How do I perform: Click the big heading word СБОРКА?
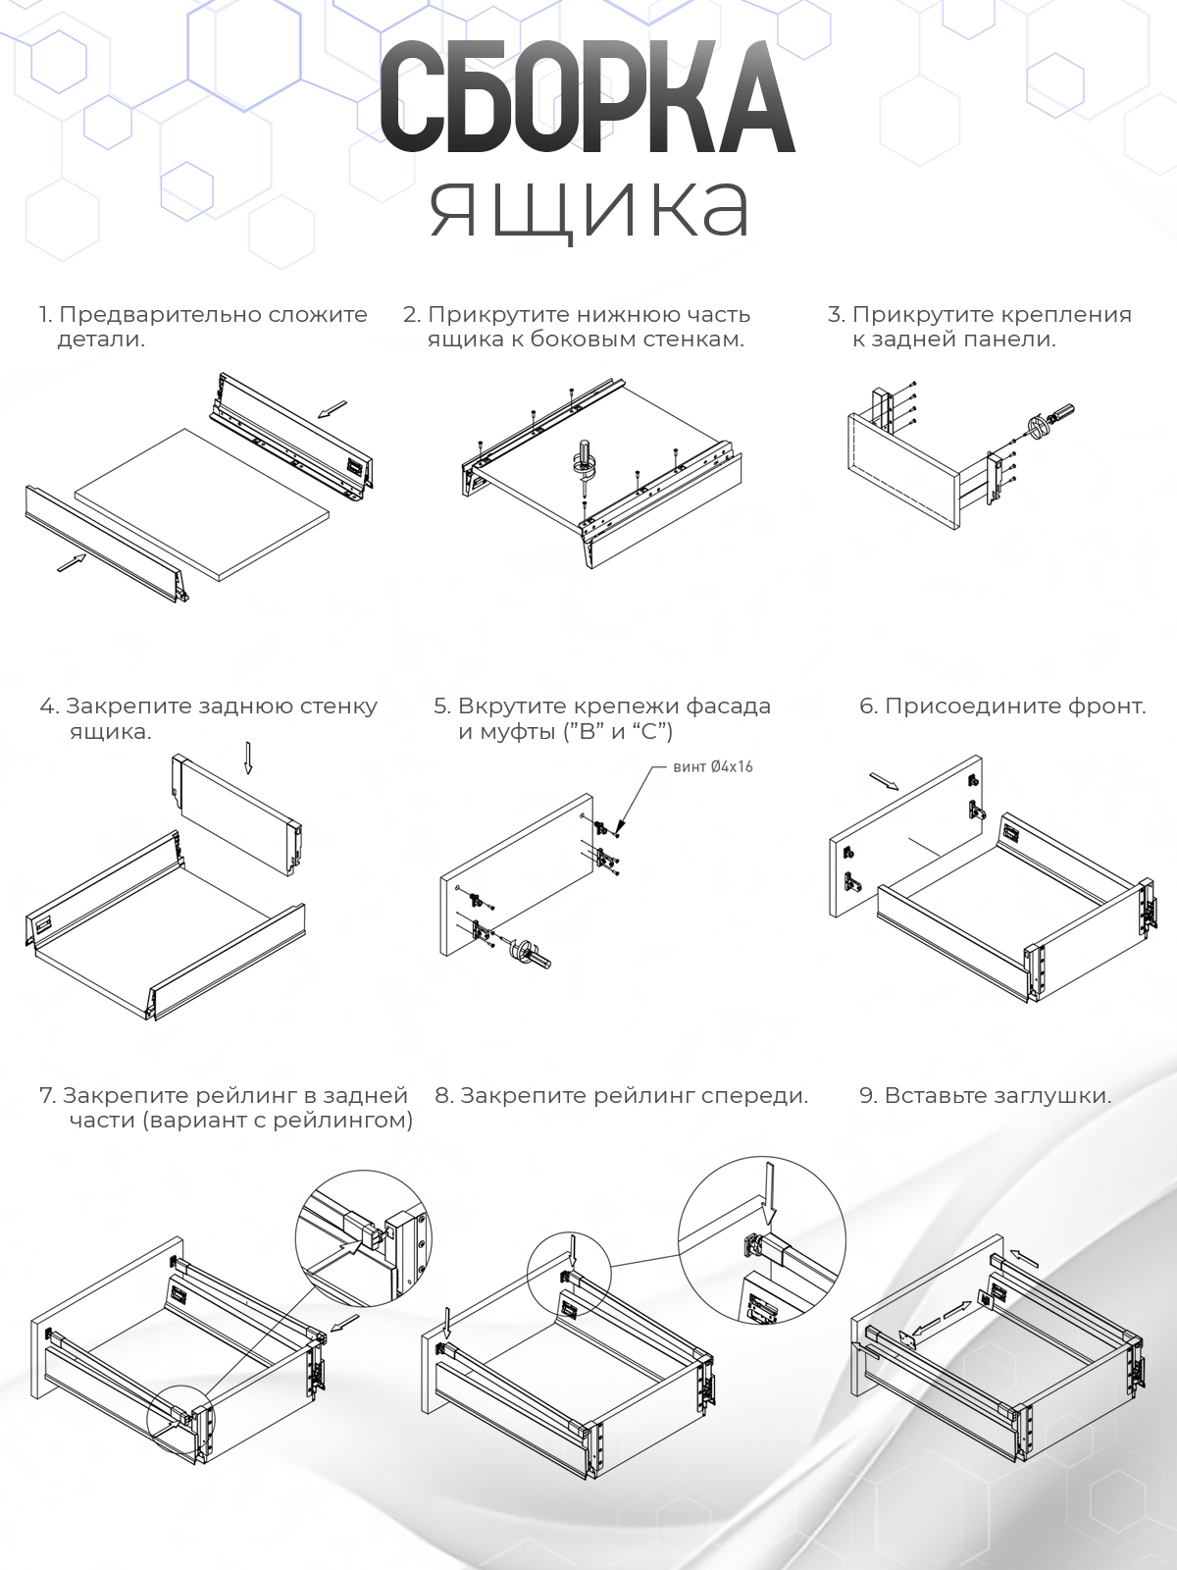[x=587, y=99]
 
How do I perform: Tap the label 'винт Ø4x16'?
[x=713, y=766]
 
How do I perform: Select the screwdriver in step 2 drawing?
[x=586, y=461]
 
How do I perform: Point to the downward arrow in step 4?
[x=248, y=757]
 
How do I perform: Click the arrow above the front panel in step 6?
[x=884, y=781]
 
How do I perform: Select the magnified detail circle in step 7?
[x=364, y=1239]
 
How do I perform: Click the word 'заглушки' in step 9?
[x=1053, y=1096]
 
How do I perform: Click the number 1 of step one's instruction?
[x=44, y=315]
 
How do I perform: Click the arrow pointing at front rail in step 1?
[x=72, y=561]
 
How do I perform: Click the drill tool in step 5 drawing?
[x=535, y=951]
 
